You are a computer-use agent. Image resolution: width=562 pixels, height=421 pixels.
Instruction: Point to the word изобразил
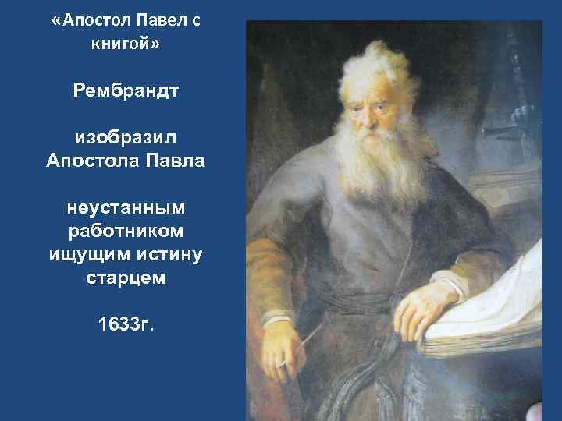[126, 138]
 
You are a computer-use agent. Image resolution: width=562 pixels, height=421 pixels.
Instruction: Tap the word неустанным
[126, 208]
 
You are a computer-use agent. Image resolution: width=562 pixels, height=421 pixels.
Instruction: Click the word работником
[126, 231]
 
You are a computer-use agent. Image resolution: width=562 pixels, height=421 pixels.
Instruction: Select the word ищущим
[91, 254]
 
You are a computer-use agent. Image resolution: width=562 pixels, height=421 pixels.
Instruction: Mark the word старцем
[126, 278]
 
